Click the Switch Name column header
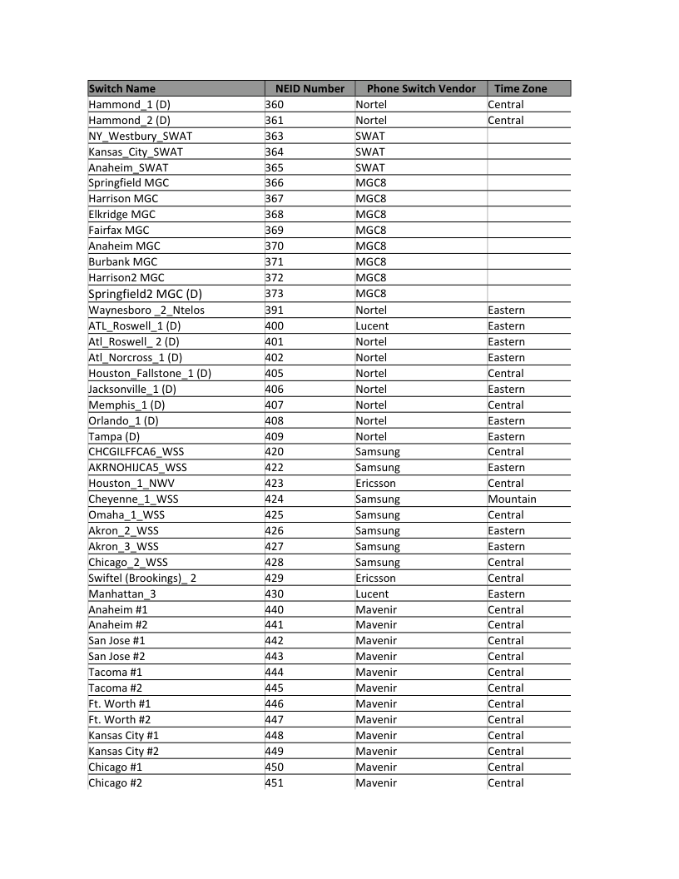coord(122,88)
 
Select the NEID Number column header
coord(310,88)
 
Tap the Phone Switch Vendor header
coord(421,88)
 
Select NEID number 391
coord(275,310)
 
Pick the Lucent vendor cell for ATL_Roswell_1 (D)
coord(371,326)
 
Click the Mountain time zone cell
coord(512,499)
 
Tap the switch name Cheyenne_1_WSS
coord(133,499)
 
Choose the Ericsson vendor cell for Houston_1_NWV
coord(375,484)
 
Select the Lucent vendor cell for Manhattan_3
coord(371,594)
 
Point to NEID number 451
coord(275,783)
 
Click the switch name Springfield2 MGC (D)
coord(145,294)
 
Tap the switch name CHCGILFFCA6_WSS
coord(136,452)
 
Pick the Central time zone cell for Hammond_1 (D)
coord(506,105)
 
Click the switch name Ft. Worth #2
coord(120,720)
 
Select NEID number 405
coord(275,374)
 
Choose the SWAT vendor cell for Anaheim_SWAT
coord(370,167)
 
